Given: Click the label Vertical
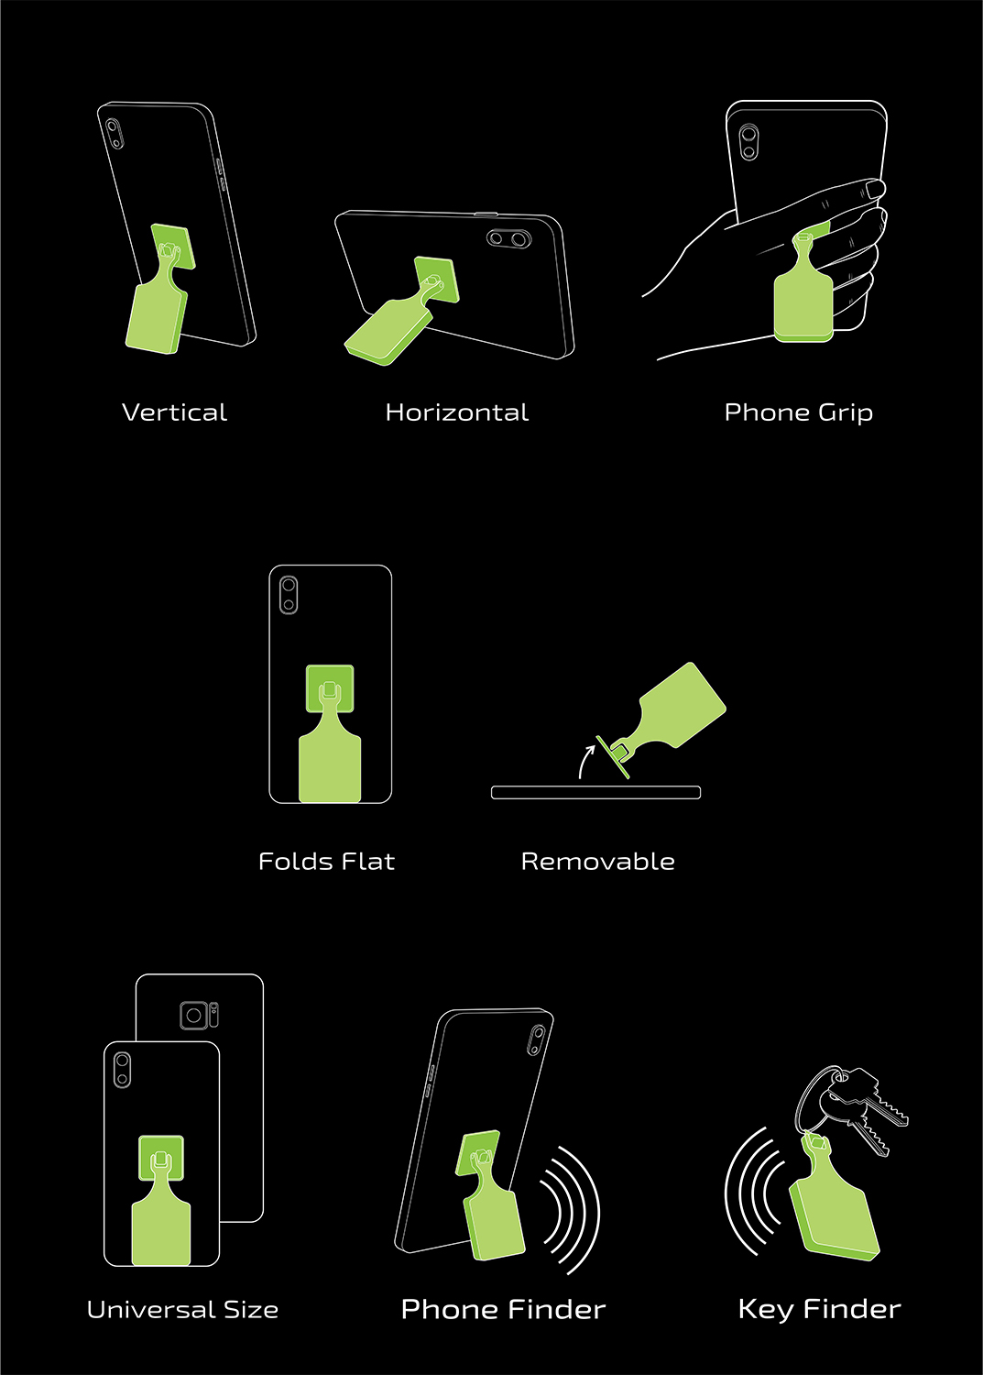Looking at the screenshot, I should tap(174, 412).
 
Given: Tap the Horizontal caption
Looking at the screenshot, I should tap(456, 412).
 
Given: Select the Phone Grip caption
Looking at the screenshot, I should tap(798, 412).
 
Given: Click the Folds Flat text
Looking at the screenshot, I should tap(326, 862).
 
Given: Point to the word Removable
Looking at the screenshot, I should tap(597, 862).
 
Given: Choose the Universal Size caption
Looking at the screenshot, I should tap(182, 1309).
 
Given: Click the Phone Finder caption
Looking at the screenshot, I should tap(503, 1309).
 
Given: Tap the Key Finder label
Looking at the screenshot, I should tap(819, 1309).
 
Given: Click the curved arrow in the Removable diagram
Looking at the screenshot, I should tap(584, 761).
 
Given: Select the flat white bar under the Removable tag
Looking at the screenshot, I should tap(595, 792).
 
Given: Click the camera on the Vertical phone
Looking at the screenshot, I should tap(114, 133).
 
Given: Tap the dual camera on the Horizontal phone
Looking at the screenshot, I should tap(508, 238).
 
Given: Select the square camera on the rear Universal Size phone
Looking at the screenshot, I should tap(194, 1016).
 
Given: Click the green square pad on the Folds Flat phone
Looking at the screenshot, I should tap(330, 688).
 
